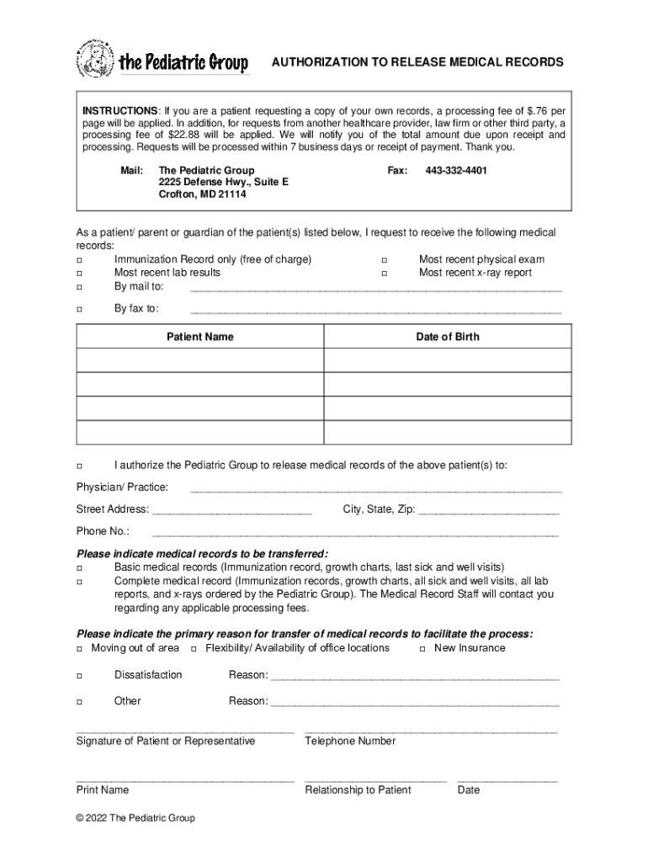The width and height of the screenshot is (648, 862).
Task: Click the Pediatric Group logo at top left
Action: point(162,61)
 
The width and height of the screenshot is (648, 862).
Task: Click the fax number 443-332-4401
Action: point(456,171)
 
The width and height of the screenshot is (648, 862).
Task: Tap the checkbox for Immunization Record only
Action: point(80,260)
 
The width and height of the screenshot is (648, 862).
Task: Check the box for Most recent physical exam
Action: point(385,260)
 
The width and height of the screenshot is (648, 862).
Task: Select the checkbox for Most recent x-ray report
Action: point(385,274)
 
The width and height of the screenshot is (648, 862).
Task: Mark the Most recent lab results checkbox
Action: point(80,274)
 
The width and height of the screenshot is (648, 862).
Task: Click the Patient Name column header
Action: point(200,337)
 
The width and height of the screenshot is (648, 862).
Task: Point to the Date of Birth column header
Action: point(448,337)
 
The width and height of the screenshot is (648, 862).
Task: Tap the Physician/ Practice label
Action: point(122,487)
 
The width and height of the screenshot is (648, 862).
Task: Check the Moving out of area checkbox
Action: point(80,649)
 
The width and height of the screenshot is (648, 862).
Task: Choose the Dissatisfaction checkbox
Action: point(80,676)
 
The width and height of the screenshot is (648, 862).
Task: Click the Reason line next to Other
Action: point(414,702)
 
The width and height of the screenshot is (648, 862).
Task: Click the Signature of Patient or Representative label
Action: point(166,742)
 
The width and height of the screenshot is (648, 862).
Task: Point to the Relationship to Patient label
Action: point(358,790)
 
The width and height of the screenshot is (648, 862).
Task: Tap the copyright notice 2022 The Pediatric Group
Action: point(135,818)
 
